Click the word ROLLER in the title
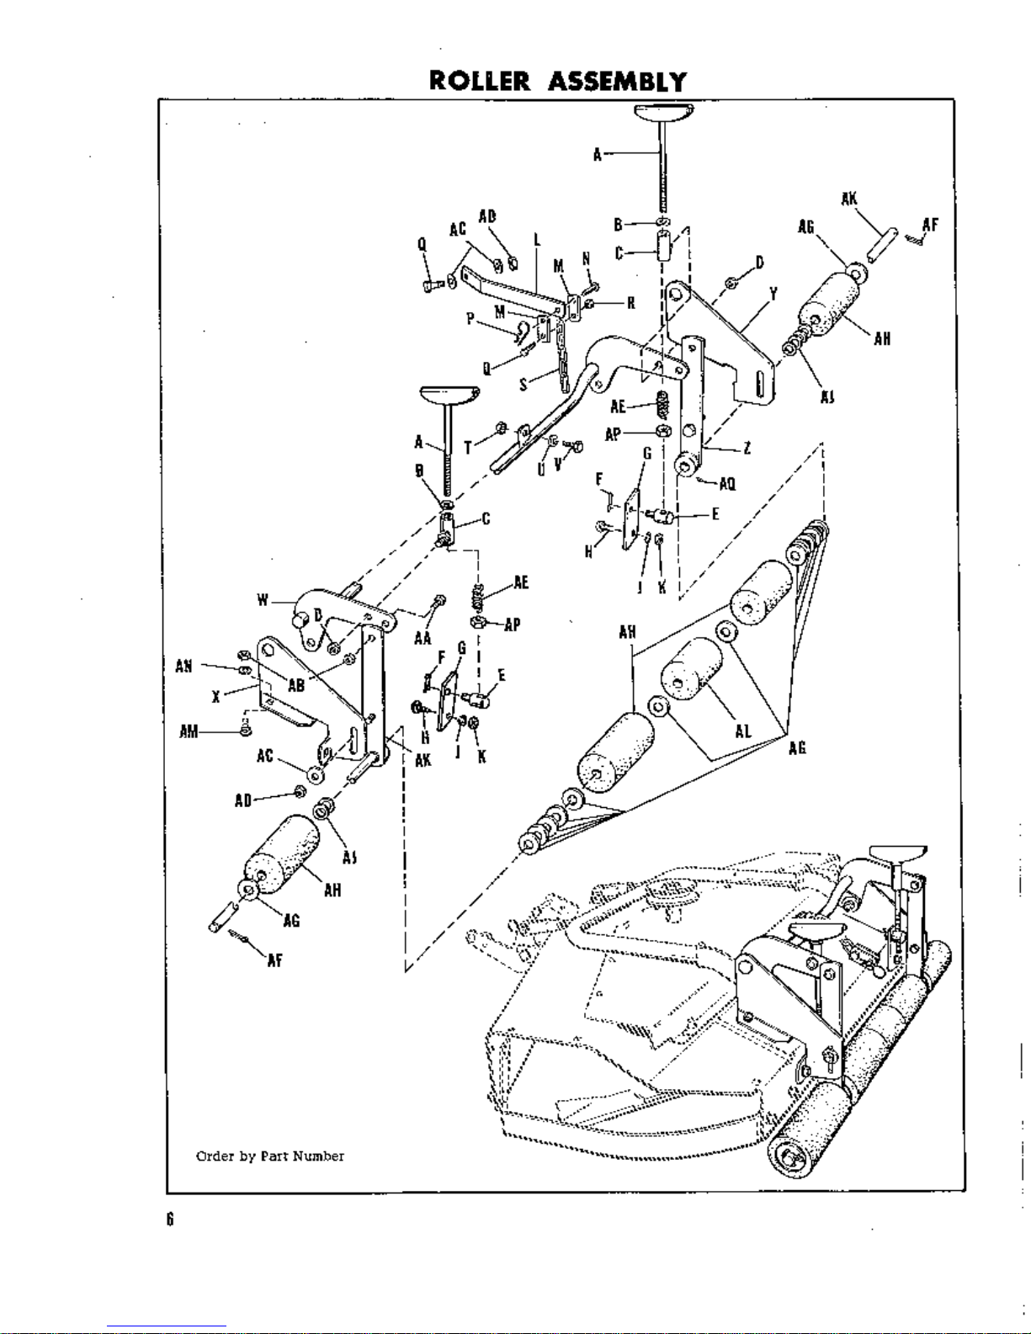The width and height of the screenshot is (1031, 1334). click(x=480, y=82)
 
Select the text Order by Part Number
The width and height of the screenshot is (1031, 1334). click(x=269, y=1156)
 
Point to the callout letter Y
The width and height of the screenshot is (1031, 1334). click(x=773, y=294)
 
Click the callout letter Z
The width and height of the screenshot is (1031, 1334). click(x=747, y=448)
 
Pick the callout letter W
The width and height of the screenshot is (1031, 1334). click(x=263, y=601)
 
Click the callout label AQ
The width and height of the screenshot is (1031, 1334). click(x=728, y=484)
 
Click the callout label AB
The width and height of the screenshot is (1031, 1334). click(x=296, y=685)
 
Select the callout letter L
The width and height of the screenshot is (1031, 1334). click(x=535, y=241)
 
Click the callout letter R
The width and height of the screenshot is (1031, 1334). click(x=630, y=304)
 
